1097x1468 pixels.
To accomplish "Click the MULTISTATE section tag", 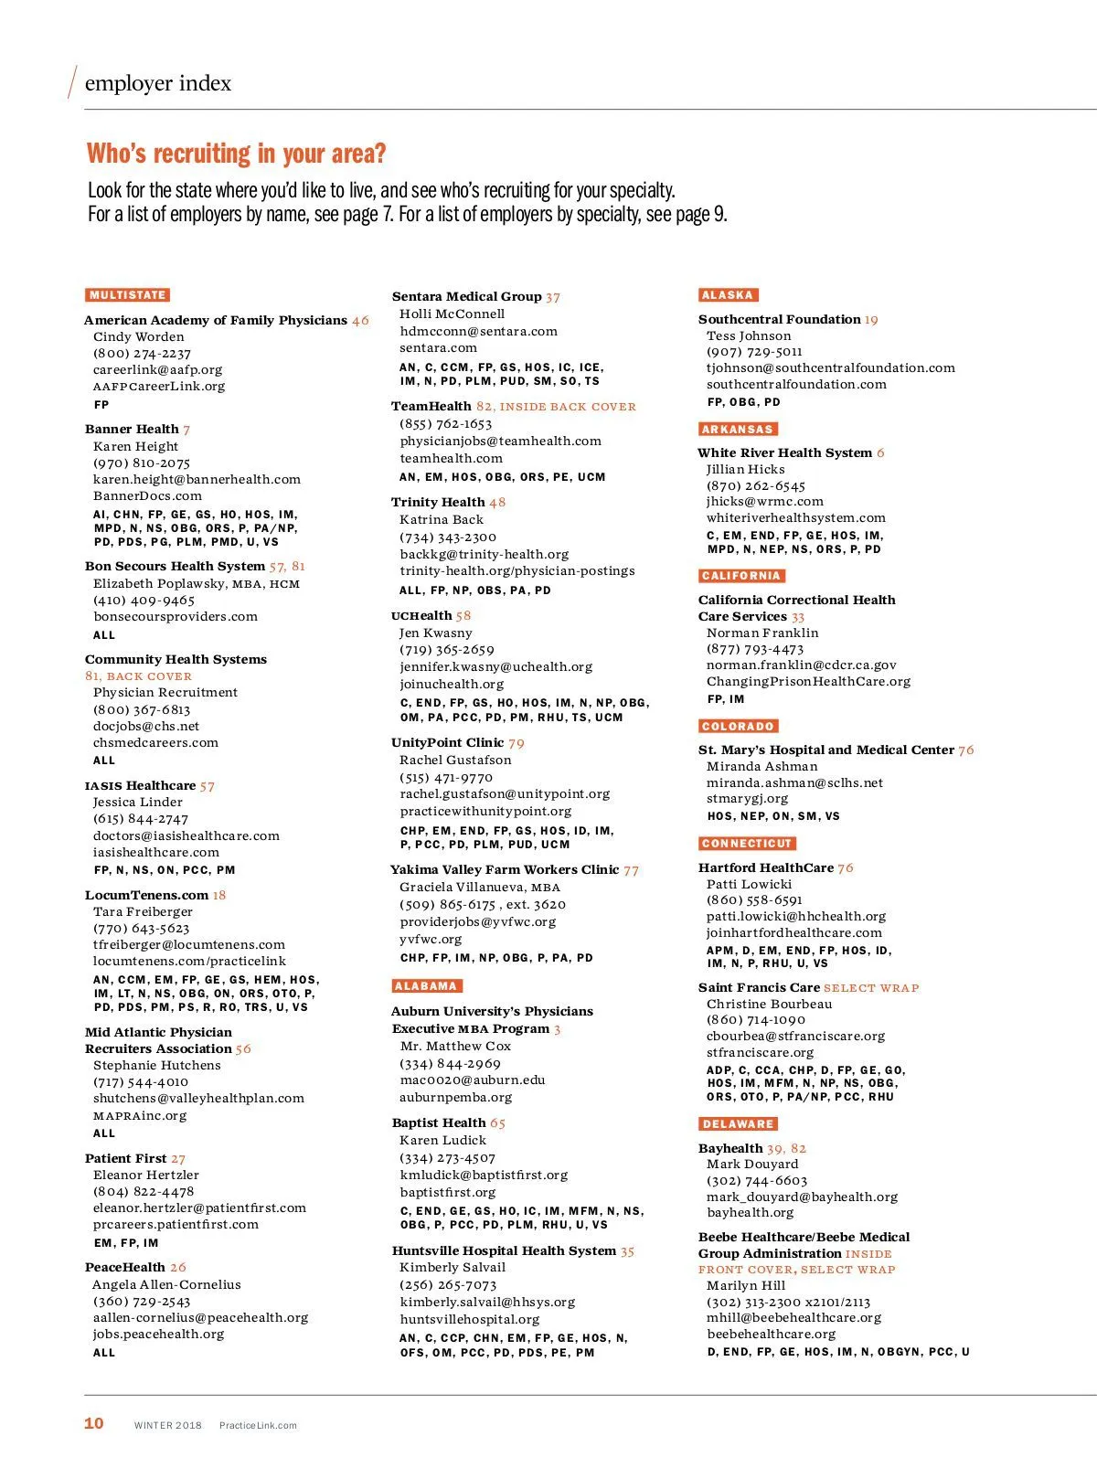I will (128, 295).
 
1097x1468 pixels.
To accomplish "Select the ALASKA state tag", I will (728, 295).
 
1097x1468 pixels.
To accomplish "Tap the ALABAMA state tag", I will (426, 986).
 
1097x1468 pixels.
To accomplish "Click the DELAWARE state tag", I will (738, 1124).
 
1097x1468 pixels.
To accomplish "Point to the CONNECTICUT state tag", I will (747, 844).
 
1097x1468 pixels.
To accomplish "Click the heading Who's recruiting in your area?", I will (236, 154).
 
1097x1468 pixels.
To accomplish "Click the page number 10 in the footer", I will (94, 1423).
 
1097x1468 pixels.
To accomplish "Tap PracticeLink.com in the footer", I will (258, 1425).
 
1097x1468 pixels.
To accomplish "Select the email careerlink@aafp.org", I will (157, 370).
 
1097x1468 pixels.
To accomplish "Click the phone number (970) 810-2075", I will (142, 463).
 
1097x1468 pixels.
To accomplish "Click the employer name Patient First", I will (126, 1158).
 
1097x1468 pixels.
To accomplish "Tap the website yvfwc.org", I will (431, 939).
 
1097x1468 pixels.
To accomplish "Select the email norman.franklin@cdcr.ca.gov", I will (801, 665).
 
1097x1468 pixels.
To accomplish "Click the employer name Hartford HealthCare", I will (766, 867).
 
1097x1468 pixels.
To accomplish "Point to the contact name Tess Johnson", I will (749, 335).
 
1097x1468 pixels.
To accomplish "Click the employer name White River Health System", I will (784, 452).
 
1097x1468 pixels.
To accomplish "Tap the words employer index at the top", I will (158, 83).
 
